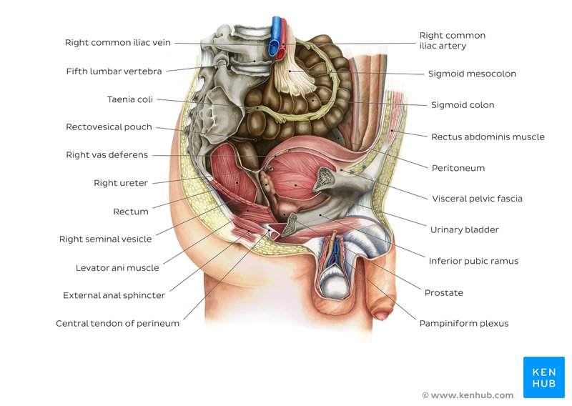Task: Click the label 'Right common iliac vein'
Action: [118, 42]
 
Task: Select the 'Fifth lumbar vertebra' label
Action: [114, 71]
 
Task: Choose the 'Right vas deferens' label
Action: [107, 155]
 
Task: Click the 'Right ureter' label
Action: [120, 183]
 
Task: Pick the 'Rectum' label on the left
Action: [131, 212]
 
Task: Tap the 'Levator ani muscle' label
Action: [117, 268]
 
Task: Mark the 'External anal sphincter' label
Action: [114, 295]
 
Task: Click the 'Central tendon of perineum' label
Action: [117, 323]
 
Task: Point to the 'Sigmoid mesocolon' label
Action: [472, 74]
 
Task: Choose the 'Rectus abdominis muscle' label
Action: [488, 137]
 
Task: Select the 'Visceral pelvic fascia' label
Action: [477, 199]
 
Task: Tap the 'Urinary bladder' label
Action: [464, 230]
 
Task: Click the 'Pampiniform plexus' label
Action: [464, 324]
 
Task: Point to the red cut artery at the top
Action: [284, 39]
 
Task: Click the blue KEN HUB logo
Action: [543, 377]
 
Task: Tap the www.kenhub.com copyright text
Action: [468, 395]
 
